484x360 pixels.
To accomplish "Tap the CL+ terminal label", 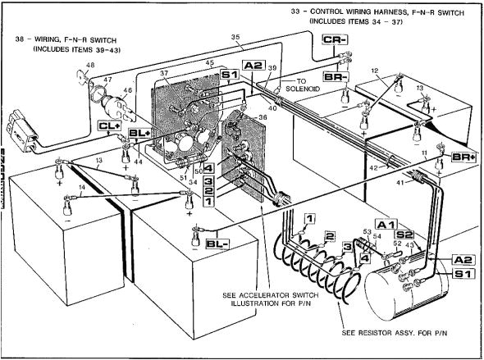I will (109, 126).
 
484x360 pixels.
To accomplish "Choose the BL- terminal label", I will (217, 244).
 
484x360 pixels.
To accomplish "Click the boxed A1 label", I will (386, 224).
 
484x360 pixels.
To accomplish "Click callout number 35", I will (235, 38).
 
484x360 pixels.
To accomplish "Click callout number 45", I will (210, 63).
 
